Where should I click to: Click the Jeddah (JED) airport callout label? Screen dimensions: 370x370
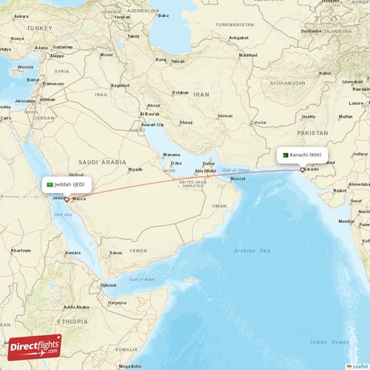tap(67, 184)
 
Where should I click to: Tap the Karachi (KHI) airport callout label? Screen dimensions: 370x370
tap(301, 155)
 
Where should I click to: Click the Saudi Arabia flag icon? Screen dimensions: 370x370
tap(50, 184)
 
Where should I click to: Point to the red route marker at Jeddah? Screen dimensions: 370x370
tap(67, 198)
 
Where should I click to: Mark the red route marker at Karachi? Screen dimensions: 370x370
tap(302, 169)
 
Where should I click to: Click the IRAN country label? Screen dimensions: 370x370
tap(201, 95)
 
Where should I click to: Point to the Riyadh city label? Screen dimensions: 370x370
tap(135, 169)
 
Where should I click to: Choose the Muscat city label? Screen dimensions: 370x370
tap(238, 179)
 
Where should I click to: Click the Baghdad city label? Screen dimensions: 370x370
tap(120, 85)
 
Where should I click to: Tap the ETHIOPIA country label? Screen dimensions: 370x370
tap(74, 321)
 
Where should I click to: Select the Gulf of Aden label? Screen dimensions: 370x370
tap(141, 279)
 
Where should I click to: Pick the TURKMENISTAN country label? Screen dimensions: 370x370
tap(234, 24)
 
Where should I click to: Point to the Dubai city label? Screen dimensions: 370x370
tap(209, 164)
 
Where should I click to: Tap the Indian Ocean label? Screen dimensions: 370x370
tap(329, 342)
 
